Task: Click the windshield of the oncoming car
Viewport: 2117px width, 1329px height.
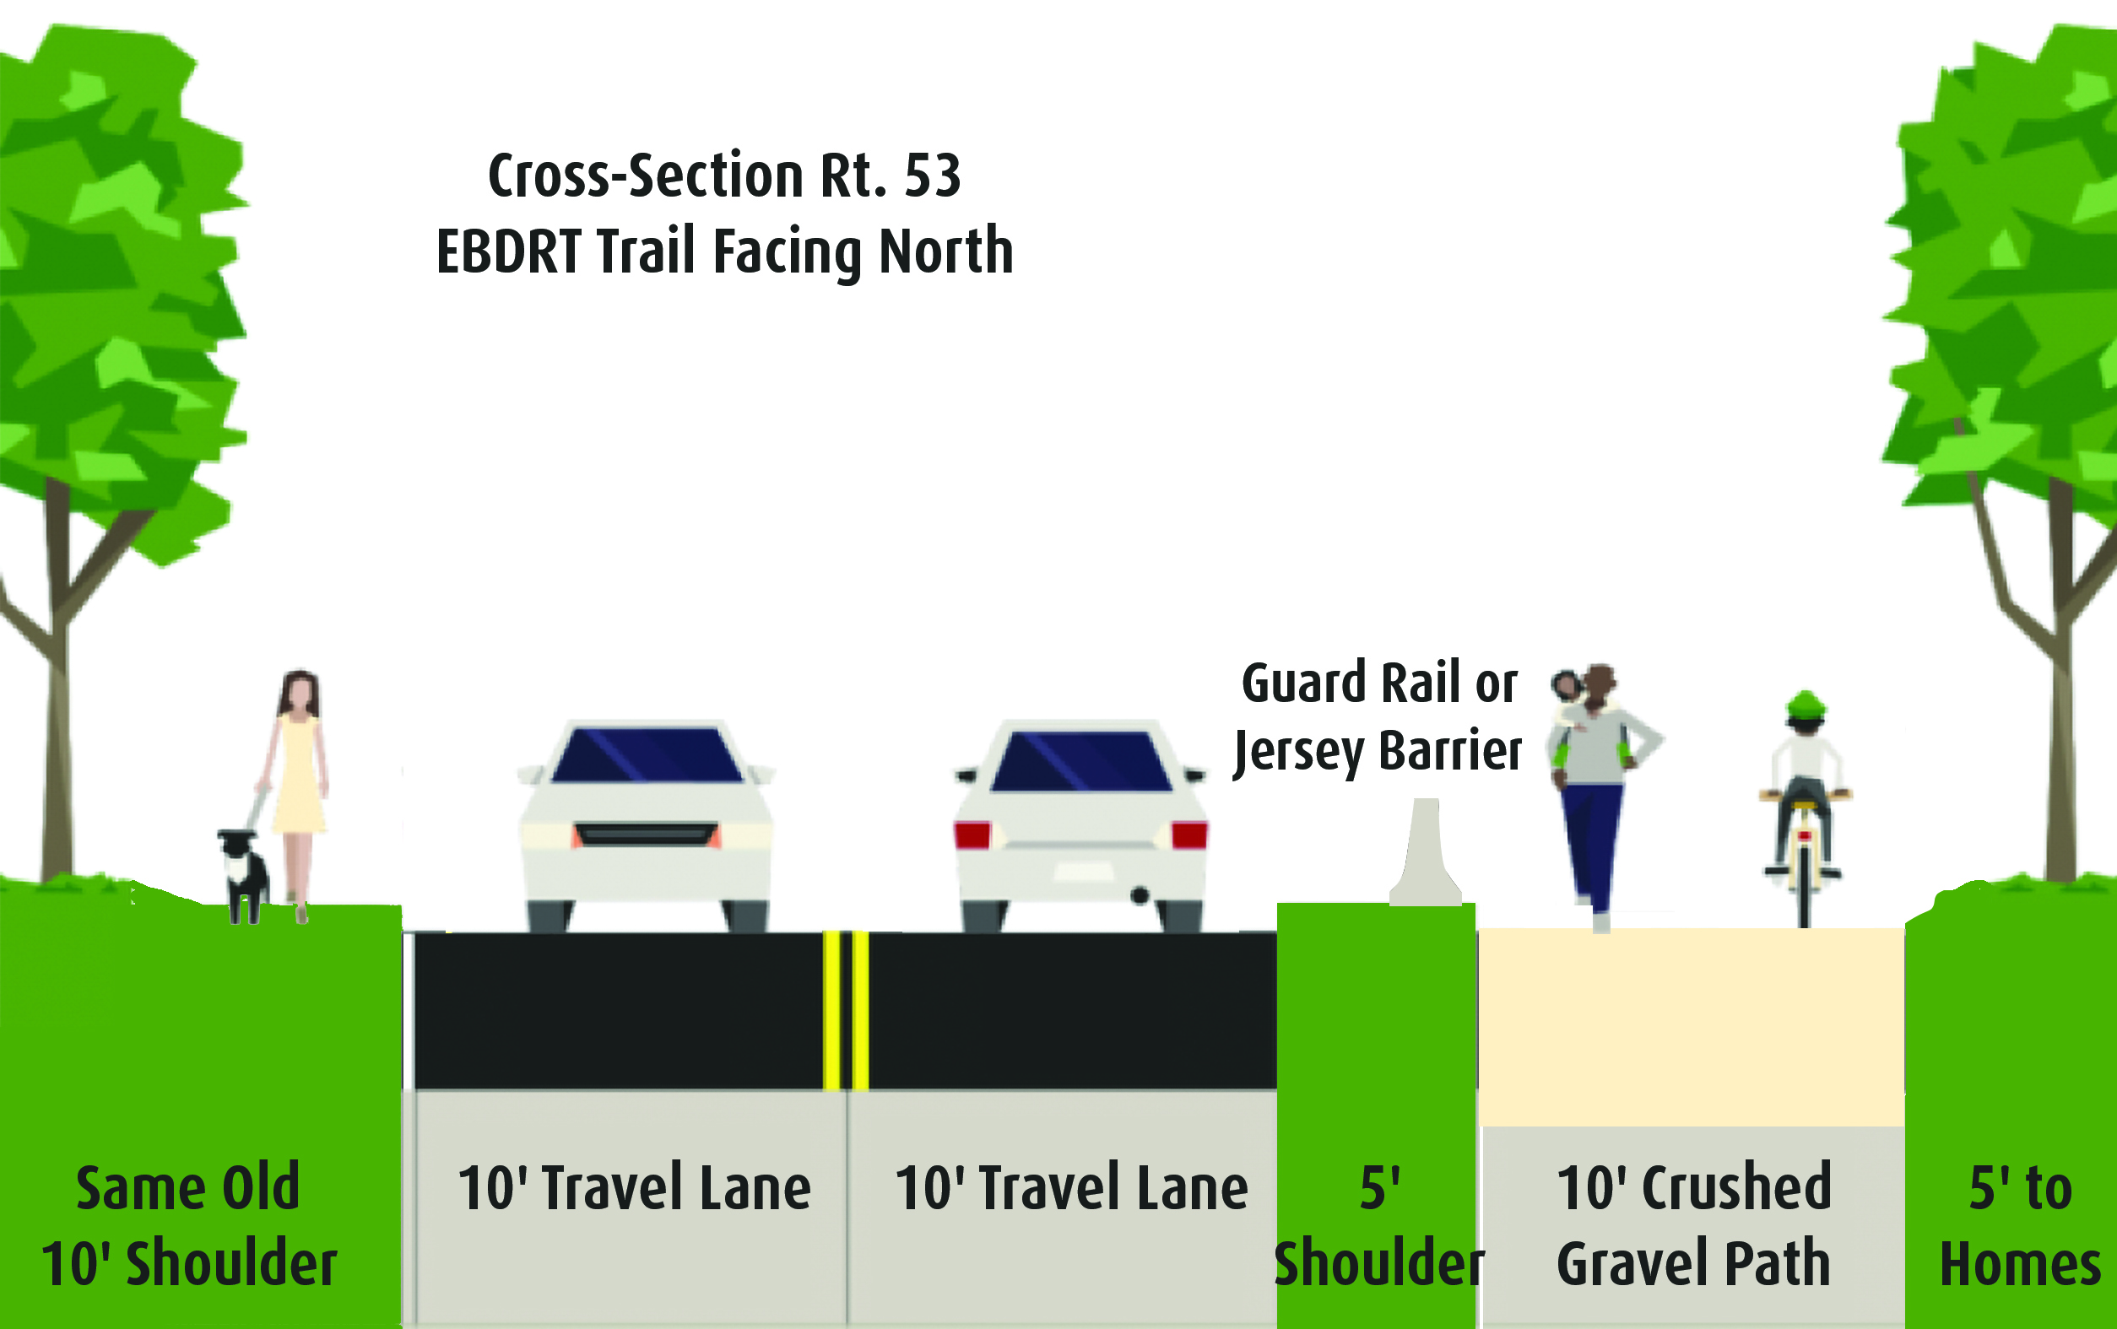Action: click(647, 754)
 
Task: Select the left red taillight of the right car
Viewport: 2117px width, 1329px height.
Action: click(972, 835)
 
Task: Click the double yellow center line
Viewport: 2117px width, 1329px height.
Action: click(846, 1011)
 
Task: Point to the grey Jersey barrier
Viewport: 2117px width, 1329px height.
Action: click(1425, 851)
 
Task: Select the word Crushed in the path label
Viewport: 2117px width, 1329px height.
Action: click(1736, 1187)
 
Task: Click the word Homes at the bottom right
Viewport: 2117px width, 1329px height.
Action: click(2020, 1264)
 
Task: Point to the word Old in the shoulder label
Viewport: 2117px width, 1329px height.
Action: click(261, 1187)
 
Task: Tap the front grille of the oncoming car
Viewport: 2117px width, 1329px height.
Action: click(647, 835)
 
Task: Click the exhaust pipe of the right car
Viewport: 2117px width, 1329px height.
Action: click(1140, 895)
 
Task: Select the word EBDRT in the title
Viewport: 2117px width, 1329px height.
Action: click(508, 251)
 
